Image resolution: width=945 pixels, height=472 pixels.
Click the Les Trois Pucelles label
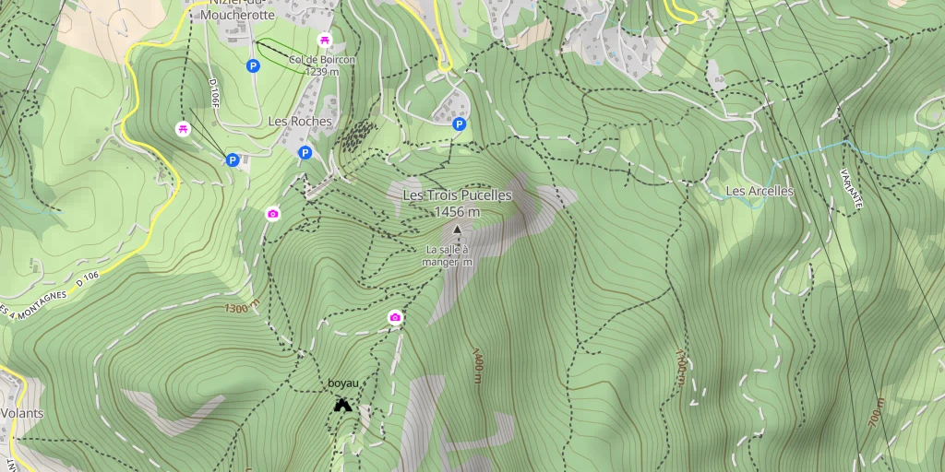click(457, 195)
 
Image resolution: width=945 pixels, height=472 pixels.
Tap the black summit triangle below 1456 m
click(457, 228)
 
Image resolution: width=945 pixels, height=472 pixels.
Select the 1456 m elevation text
click(457, 212)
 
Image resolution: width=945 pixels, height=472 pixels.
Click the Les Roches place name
click(300, 122)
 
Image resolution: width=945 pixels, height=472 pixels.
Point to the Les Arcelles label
click(760, 191)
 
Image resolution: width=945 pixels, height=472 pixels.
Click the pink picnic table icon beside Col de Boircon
click(324, 40)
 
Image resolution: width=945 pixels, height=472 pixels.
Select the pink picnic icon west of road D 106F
click(183, 128)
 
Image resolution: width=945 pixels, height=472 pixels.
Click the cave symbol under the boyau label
click(342, 404)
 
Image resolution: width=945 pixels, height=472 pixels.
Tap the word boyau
click(342, 383)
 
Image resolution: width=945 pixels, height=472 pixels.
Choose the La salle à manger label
click(447, 255)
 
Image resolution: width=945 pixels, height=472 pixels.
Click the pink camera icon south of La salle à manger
click(395, 318)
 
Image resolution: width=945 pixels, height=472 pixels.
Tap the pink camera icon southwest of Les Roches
click(272, 214)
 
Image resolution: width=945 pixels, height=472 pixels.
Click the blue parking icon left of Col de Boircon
click(252, 65)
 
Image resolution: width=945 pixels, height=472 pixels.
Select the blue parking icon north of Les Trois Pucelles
click(459, 124)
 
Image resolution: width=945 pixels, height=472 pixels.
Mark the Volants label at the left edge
click(21, 413)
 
